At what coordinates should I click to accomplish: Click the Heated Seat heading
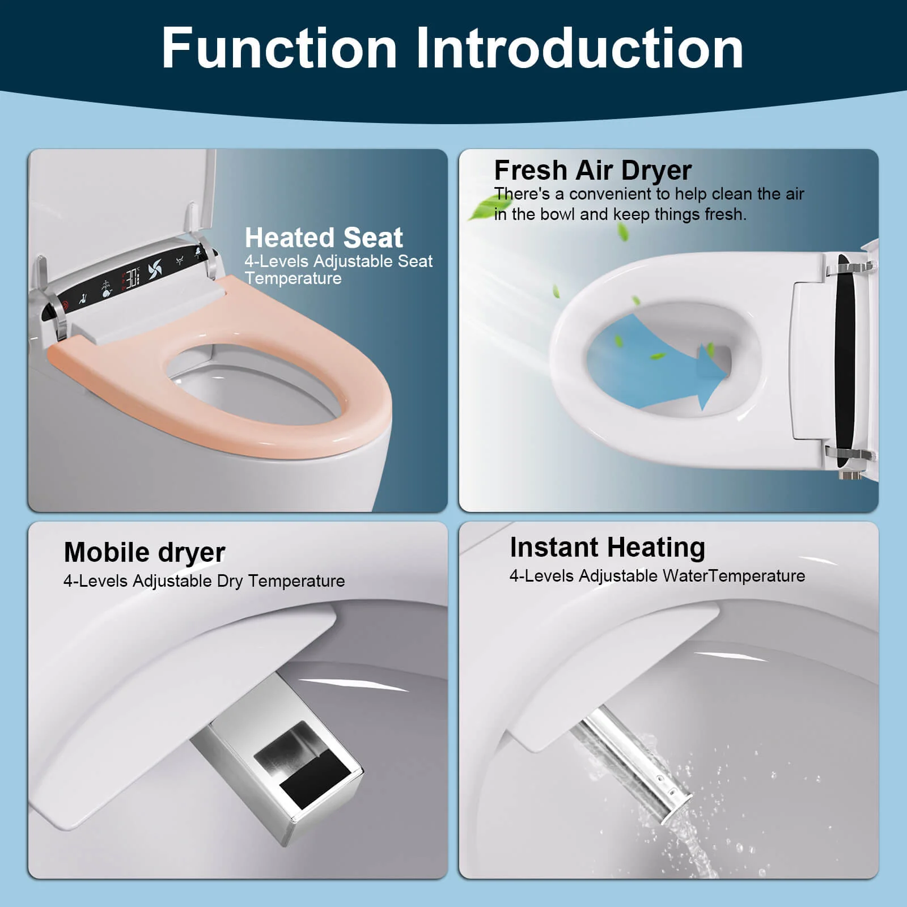[x=324, y=238]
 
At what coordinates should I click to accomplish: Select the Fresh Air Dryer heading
[x=592, y=170]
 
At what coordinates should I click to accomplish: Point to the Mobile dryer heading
[x=145, y=552]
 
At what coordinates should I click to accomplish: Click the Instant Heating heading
[x=607, y=548]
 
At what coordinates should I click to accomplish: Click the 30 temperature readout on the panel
[x=132, y=278]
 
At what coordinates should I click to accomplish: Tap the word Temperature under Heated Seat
[x=293, y=278]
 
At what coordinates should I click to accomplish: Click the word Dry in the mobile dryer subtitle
[x=230, y=581]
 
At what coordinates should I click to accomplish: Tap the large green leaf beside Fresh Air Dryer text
[x=483, y=206]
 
